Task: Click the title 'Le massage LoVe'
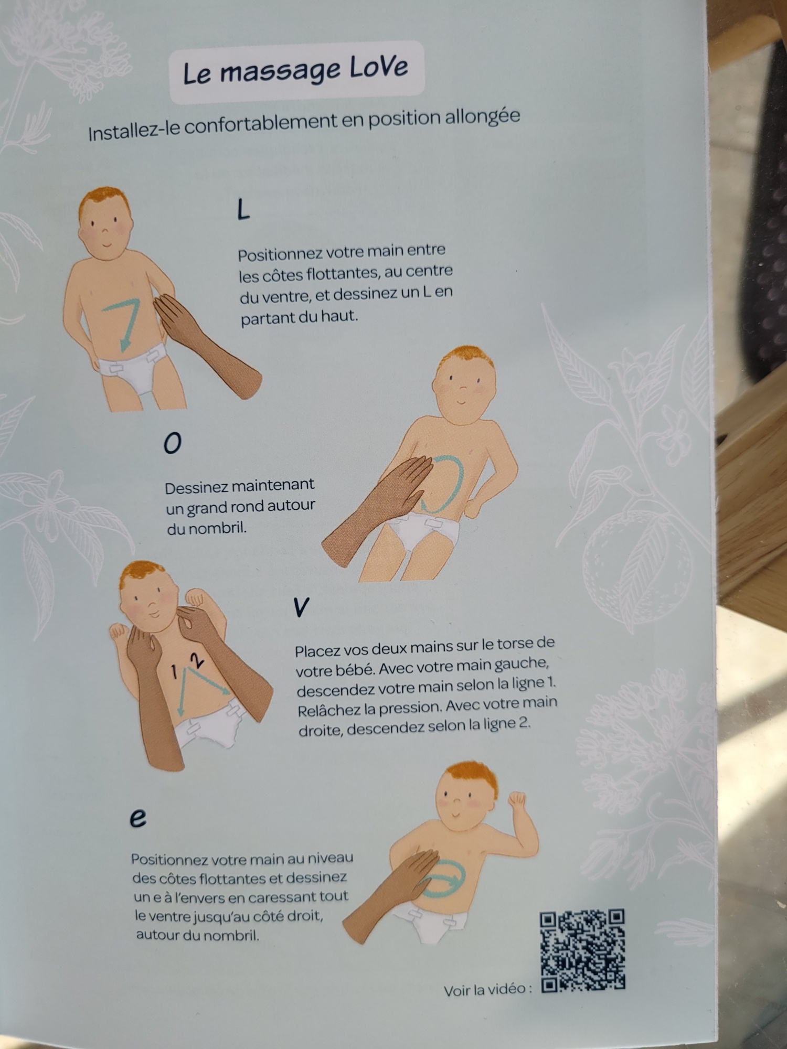pyautogui.click(x=296, y=71)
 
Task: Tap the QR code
pyautogui.click(x=583, y=951)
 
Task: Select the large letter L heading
pyautogui.click(x=243, y=210)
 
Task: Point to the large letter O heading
pyautogui.click(x=173, y=444)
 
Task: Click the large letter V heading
pyautogui.click(x=301, y=607)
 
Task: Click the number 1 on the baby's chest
pyautogui.click(x=174, y=672)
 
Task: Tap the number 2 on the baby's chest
pyautogui.click(x=197, y=660)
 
